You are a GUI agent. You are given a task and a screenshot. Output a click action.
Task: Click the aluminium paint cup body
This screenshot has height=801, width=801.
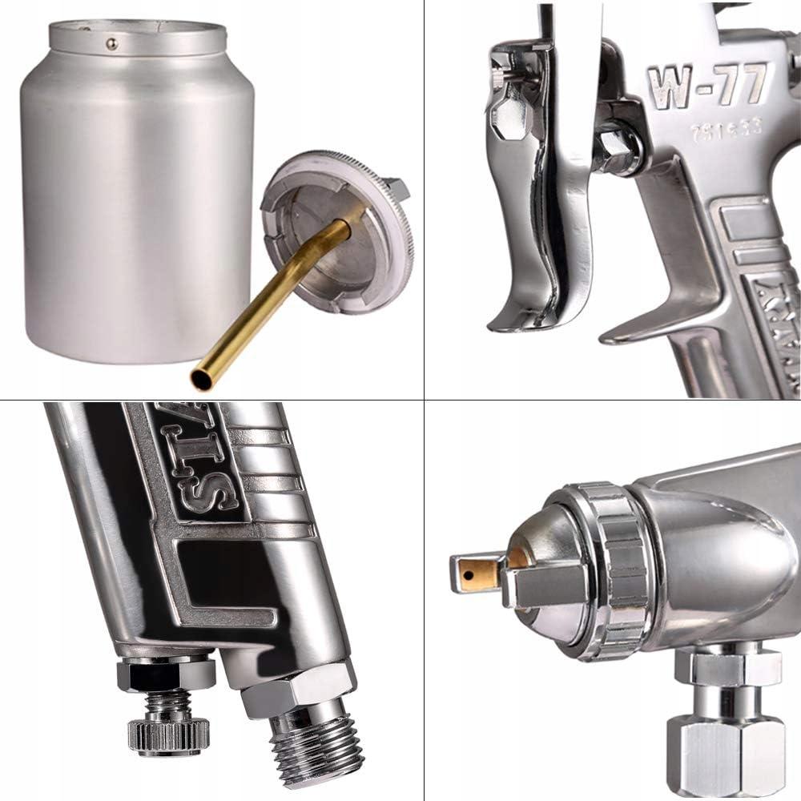point(136,200)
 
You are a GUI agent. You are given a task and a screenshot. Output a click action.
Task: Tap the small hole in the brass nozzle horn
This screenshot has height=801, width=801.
point(465,571)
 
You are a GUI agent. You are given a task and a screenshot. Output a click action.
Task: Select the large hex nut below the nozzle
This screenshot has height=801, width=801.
point(725,749)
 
